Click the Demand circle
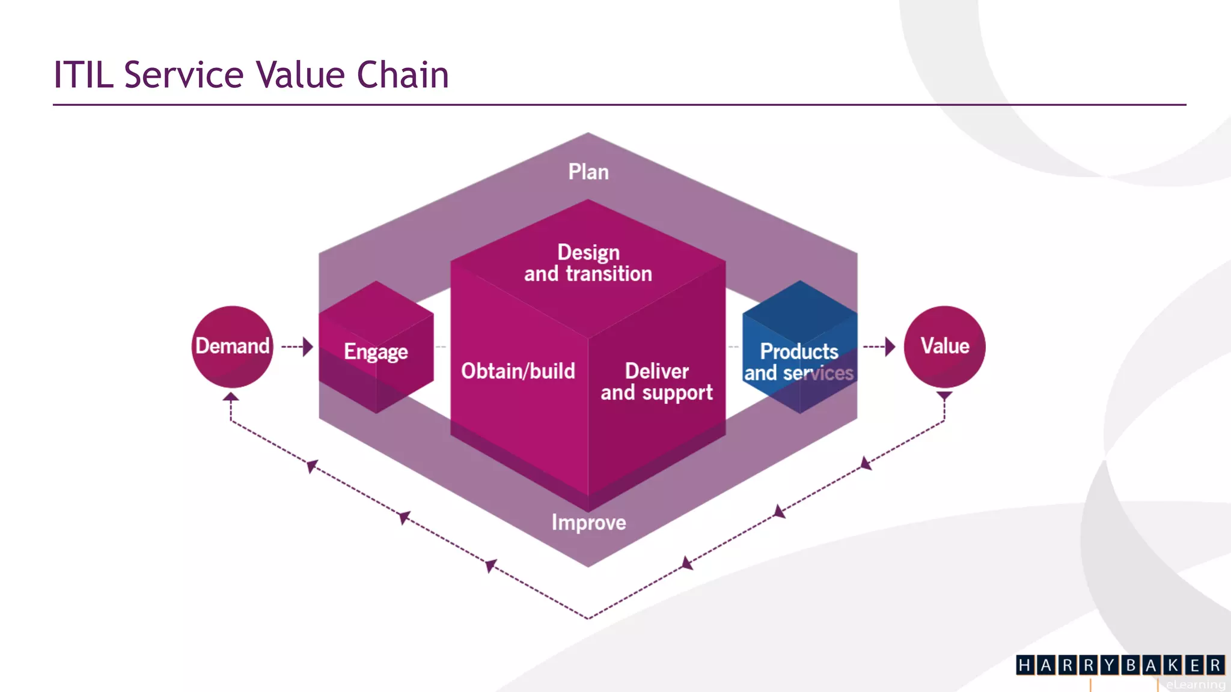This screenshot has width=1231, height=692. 232,347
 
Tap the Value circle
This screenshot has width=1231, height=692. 944,347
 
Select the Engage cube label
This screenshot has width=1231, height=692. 376,351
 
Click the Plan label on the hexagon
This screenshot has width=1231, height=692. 588,172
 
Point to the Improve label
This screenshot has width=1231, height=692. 588,523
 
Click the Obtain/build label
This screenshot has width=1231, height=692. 518,371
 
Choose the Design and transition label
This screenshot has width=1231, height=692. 588,263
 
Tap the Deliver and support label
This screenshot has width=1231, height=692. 656,382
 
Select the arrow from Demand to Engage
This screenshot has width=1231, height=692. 298,347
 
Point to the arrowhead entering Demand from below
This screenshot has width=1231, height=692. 231,397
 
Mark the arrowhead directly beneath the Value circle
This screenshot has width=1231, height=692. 944,396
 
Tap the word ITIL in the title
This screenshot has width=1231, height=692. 84,75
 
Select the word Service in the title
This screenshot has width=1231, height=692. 184,75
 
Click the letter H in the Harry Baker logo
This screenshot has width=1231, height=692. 1025,666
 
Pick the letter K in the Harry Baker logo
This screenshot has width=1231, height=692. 1173,666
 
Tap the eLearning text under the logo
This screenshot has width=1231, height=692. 1195,685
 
